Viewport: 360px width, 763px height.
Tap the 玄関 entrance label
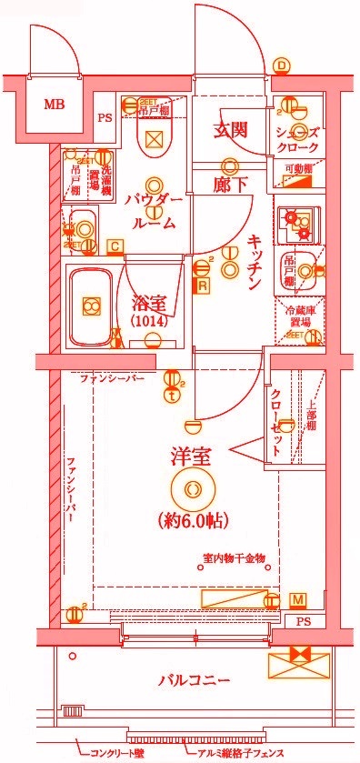[231, 130]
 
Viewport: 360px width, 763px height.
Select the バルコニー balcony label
[194, 679]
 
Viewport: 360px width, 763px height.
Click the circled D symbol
[282, 65]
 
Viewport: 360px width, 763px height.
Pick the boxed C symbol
[115, 246]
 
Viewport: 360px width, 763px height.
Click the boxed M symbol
[298, 598]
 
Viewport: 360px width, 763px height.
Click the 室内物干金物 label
[233, 559]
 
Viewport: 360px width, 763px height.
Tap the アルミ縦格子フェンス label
[239, 753]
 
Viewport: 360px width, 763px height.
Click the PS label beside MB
[105, 117]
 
